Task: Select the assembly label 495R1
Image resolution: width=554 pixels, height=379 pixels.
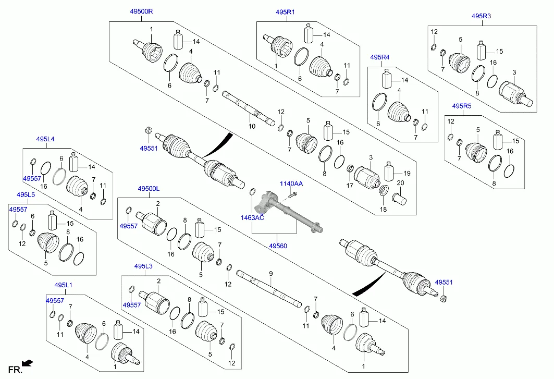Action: (x=285, y=11)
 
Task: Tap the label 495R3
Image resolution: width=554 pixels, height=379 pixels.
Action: (x=481, y=16)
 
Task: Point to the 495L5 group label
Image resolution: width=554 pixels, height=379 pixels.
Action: (x=26, y=194)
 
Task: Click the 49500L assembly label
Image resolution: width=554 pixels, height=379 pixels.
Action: (x=149, y=188)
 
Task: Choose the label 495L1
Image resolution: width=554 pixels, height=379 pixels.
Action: (x=63, y=285)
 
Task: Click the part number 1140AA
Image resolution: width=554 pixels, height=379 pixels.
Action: (x=291, y=184)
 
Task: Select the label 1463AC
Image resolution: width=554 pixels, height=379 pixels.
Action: (x=252, y=217)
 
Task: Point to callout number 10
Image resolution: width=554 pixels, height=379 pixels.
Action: (x=252, y=127)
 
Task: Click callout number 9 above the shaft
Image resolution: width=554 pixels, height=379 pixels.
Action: (x=270, y=274)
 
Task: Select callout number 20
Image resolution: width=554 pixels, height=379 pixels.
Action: (x=400, y=182)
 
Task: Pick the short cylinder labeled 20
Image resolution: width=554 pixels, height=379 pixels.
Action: (x=400, y=199)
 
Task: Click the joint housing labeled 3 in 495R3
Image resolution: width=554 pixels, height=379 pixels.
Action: (x=515, y=94)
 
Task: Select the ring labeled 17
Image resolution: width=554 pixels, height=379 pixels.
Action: (x=350, y=169)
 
